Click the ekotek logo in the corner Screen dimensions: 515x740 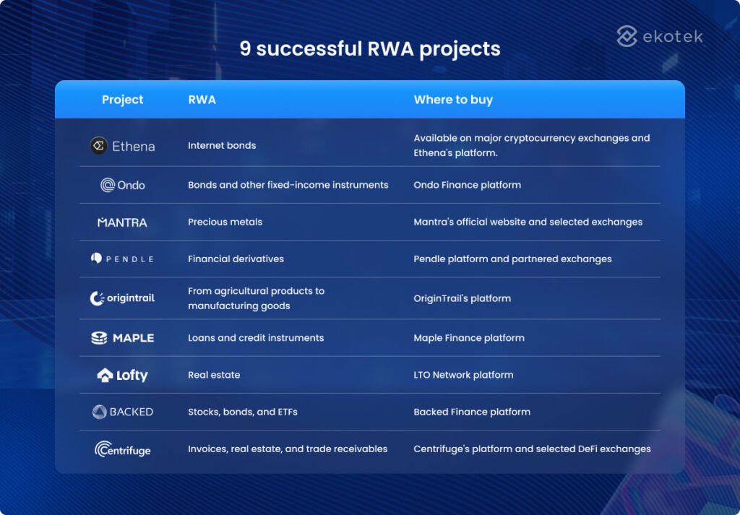pos(659,36)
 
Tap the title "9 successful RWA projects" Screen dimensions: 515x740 pos(369,49)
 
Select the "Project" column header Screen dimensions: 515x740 pos(122,100)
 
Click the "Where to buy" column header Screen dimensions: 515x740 pos(453,100)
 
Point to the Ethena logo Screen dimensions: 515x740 pos(122,146)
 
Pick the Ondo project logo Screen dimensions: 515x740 pos(122,185)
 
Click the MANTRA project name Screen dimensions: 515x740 pos(122,222)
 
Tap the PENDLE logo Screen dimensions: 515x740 pos(122,259)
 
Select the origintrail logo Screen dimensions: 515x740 pos(122,298)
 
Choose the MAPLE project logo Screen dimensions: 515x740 pos(122,338)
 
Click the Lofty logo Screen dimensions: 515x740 pos(122,375)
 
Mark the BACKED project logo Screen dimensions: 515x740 pos(122,412)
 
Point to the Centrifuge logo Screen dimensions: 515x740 pos(122,449)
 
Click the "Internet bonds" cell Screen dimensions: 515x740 pos(222,145)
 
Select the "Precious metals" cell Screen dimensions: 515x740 pos(225,222)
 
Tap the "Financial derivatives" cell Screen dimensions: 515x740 pos(236,259)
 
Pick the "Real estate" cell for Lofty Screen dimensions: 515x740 pos(214,375)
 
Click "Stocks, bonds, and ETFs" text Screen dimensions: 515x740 pos(243,412)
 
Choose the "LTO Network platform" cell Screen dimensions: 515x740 pos(463,375)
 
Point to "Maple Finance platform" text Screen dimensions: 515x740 pos(469,338)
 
